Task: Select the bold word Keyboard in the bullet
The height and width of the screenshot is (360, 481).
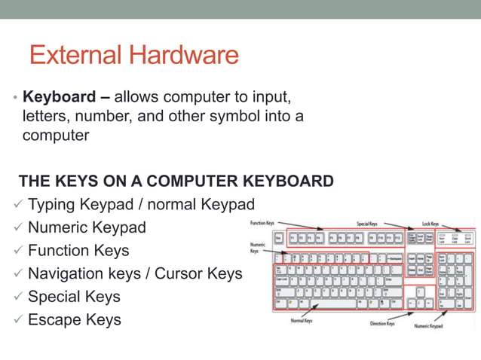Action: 57,98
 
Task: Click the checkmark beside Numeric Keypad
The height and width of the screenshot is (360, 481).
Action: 18,227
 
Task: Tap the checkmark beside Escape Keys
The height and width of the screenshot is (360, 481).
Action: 18,320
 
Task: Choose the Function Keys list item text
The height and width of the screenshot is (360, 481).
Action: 78,250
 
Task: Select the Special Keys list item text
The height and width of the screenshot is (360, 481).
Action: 74,297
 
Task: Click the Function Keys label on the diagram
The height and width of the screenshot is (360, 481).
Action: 262,223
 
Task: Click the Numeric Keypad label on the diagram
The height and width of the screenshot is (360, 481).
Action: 428,326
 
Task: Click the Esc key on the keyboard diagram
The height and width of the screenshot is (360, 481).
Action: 278,238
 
